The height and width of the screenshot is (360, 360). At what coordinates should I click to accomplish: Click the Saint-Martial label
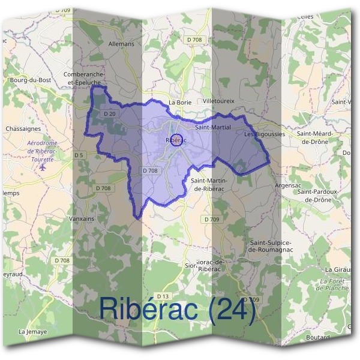pos(213,128)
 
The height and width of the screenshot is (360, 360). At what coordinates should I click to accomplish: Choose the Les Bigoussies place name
pos(265,134)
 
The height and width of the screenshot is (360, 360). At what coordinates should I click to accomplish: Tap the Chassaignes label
pos(23,128)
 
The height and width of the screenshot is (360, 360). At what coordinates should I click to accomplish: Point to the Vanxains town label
pos(82,219)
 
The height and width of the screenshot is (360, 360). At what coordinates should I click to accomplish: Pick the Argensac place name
pos(287,187)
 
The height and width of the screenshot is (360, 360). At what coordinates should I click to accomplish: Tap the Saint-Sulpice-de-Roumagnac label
pos(271,245)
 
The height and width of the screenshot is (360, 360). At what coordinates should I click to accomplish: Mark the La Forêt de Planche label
pos(335,284)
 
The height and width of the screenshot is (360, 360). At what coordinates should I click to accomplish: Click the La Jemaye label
pos(32,331)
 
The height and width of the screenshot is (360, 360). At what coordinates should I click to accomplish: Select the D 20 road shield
pos(109,113)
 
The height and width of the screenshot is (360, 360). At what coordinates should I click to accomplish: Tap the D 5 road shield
pos(79,155)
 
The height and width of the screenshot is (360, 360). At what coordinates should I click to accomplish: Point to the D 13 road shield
pos(163,296)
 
